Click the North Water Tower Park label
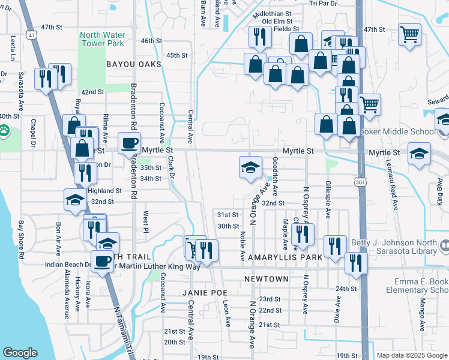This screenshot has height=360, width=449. coord(103,38)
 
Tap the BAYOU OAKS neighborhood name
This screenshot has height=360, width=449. coord(134,64)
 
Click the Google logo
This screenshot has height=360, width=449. coord(20,353)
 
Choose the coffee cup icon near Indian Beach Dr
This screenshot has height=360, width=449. coord(101,261)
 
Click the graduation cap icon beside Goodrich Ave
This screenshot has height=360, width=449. coord(250,167)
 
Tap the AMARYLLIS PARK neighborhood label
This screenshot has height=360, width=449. coord(283,257)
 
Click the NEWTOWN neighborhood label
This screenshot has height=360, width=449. coord(267,280)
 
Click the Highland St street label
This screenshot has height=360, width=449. coord(105,191)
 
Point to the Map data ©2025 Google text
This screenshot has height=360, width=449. coord(412,355)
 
